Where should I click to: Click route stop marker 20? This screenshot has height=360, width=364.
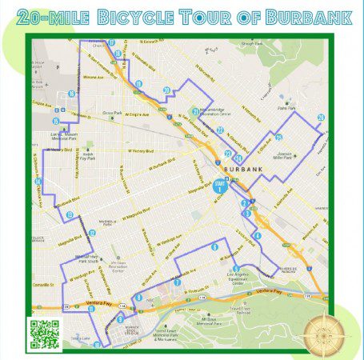pos(166,90)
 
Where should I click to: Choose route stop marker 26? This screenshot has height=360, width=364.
pos(321,118)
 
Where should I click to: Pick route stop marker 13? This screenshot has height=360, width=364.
pos(70,214)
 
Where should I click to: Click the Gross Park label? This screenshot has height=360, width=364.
pos(111,114)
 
